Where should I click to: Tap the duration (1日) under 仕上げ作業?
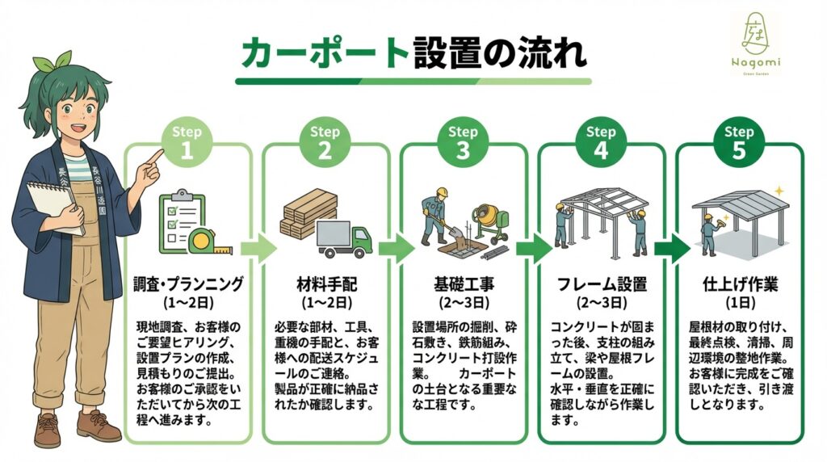tap(739, 304)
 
